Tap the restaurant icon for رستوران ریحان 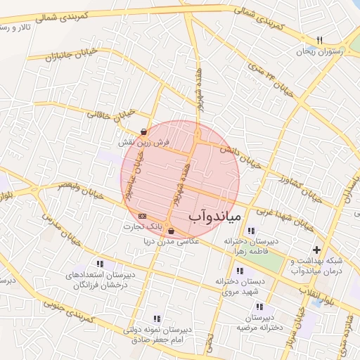pyautogui.click(x=319, y=40)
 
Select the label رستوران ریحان pyautogui.click(x=320, y=51)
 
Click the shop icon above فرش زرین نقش pyautogui.click(x=143, y=131)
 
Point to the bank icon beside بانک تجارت pyautogui.click(x=143, y=216)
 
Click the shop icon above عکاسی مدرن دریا pyautogui.click(x=171, y=231)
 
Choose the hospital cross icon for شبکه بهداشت pyautogui.click(x=316, y=250)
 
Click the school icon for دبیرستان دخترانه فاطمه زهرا pyautogui.click(x=251, y=231)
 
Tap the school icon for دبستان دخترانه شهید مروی pyautogui.click(x=240, y=271)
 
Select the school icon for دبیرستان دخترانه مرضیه pyautogui.click(x=259, y=307)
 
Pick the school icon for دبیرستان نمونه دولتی pyautogui.click(x=156, y=318)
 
